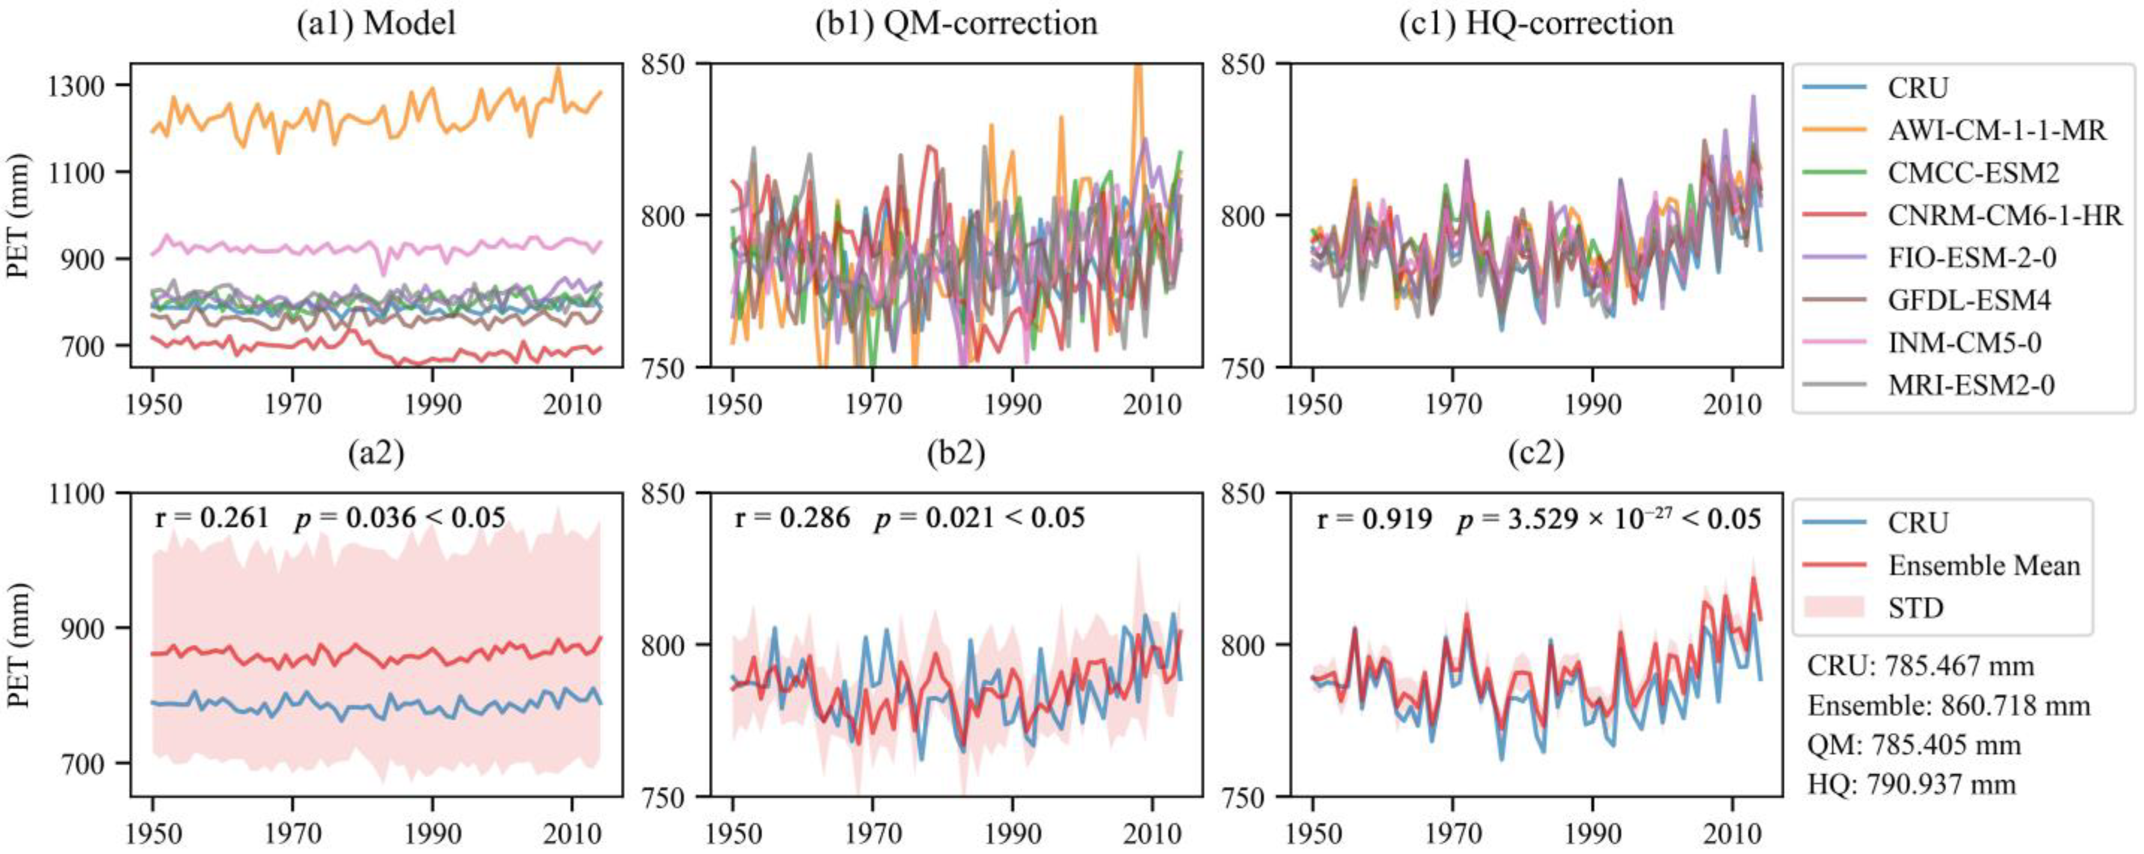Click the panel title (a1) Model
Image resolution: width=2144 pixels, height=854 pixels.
pyautogui.click(x=376, y=23)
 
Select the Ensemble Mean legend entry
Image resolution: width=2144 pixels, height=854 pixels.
pyautogui.click(x=1983, y=566)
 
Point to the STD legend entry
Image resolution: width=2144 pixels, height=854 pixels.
pyautogui.click(x=1915, y=609)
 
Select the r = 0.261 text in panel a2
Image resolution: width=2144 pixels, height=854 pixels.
pyautogui.click(x=212, y=518)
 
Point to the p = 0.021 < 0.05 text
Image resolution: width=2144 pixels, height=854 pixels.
pyautogui.click(x=979, y=518)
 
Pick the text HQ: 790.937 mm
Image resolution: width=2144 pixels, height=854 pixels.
pyautogui.click(x=1911, y=785)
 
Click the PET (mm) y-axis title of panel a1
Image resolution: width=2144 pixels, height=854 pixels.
pyautogui.click(x=18, y=217)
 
